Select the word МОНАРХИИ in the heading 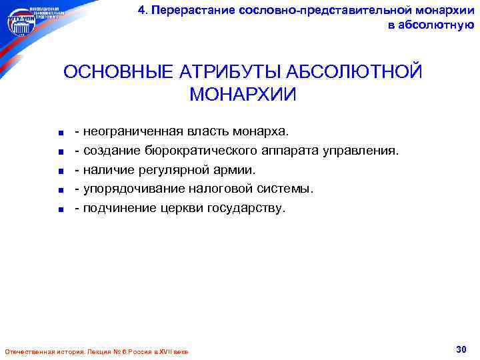click(x=243, y=94)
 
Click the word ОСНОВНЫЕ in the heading click(x=114, y=71)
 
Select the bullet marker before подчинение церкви click(x=61, y=209)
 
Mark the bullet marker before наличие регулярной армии click(x=61, y=171)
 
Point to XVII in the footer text click(x=157, y=351)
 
